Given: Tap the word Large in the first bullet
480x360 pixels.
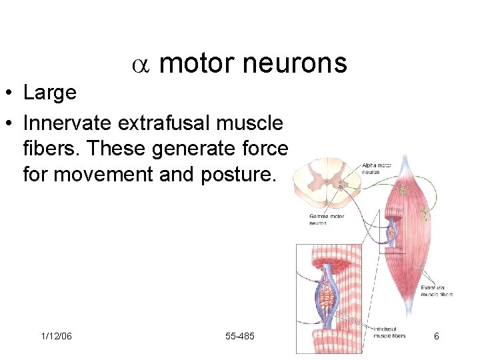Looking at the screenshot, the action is click(50, 93).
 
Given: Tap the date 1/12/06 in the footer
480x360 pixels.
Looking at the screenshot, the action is click(55, 336).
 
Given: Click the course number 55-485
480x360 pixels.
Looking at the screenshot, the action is click(240, 336).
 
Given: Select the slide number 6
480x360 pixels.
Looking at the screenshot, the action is click(436, 336).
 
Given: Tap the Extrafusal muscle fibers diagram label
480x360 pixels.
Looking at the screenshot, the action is click(437, 291).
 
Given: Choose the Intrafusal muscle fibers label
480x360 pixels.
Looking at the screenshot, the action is click(389, 333).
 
